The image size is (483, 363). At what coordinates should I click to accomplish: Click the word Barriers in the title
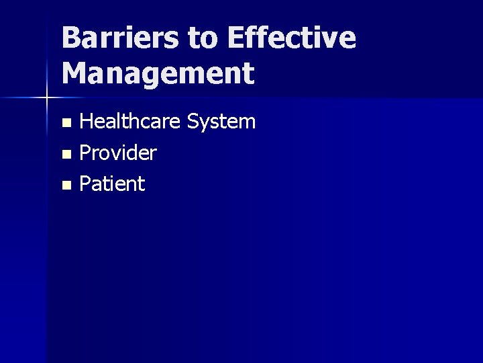120,38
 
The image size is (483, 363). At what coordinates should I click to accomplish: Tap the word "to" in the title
203,39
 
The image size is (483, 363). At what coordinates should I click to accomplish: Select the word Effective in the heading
292,38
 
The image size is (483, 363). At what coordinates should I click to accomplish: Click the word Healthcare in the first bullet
130,122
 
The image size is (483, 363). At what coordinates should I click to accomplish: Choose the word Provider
118,153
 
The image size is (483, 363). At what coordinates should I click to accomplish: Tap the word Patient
112,184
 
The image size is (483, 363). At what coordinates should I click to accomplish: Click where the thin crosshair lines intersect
46,98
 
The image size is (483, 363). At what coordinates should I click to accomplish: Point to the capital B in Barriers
71,38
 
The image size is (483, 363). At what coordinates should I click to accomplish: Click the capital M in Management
74,73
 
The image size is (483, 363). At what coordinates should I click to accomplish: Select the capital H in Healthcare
87,122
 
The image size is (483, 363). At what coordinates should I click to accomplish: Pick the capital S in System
194,122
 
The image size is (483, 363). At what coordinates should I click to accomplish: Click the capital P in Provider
85,153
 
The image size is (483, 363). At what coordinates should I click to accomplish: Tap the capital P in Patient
85,184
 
